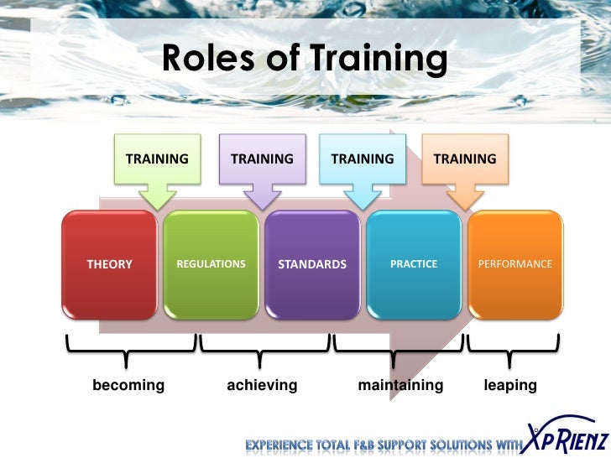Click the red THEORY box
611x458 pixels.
click(x=110, y=264)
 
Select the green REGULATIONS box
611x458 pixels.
click(x=211, y=264)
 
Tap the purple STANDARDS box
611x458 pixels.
click(x=312, y=264)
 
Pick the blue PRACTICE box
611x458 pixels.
click(x=414, y=264)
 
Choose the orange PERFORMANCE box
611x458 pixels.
click(x=514, y=264)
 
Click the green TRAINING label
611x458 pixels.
click(x=157, y=159)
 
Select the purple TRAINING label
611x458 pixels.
click(x=262, y=159)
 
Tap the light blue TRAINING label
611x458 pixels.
click(x=363, y=159)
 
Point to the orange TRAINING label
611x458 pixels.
click(x=464, y=159)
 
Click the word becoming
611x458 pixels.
click(x=128, y=385)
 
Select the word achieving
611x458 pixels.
click(x=262, y=385)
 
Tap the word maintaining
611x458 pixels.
click(x=400, y=385)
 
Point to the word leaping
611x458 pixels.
click(x=510, y=385)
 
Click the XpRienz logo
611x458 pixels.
click(x=562, y=435)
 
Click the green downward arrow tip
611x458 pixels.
click(x=157, y=205)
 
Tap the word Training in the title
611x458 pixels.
click(x=379, y=59)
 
